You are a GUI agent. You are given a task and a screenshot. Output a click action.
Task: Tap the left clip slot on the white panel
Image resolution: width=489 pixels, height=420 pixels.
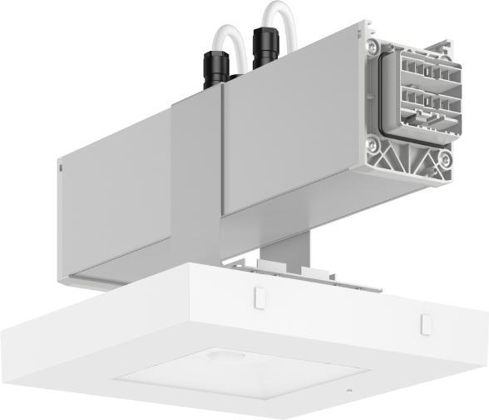(258, 295)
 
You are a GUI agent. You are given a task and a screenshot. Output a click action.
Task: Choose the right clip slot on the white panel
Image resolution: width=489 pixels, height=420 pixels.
(427, 322)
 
